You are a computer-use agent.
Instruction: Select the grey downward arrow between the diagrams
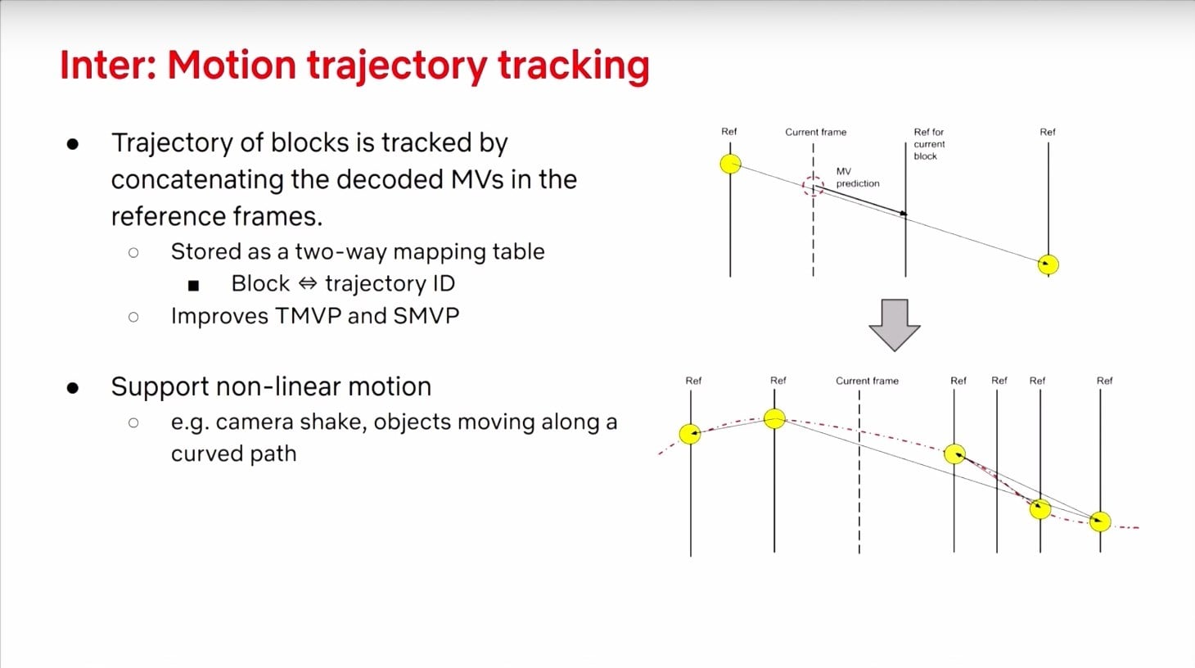coord(895,325)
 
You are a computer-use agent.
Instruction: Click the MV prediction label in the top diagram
coord(857,177)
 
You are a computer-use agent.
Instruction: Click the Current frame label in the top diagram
coord(816,132)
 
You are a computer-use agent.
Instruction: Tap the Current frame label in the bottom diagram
coord(867,381)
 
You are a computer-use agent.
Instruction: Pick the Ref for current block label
coord(929,143)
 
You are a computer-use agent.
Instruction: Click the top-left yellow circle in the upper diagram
coord(730,164)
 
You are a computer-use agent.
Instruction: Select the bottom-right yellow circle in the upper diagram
coord(1048,264)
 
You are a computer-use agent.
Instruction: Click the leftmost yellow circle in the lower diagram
coord(690,434)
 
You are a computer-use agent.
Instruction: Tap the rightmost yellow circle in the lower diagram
coord(1100,521)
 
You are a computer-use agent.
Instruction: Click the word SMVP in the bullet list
coord(426,316)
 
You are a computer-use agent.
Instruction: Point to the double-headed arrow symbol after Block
coord(307,283)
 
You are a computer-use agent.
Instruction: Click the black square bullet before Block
coord(194,286)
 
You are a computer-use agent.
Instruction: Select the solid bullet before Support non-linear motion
coord(73,388)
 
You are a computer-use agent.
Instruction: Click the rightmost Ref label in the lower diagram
coord(1104,381)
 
